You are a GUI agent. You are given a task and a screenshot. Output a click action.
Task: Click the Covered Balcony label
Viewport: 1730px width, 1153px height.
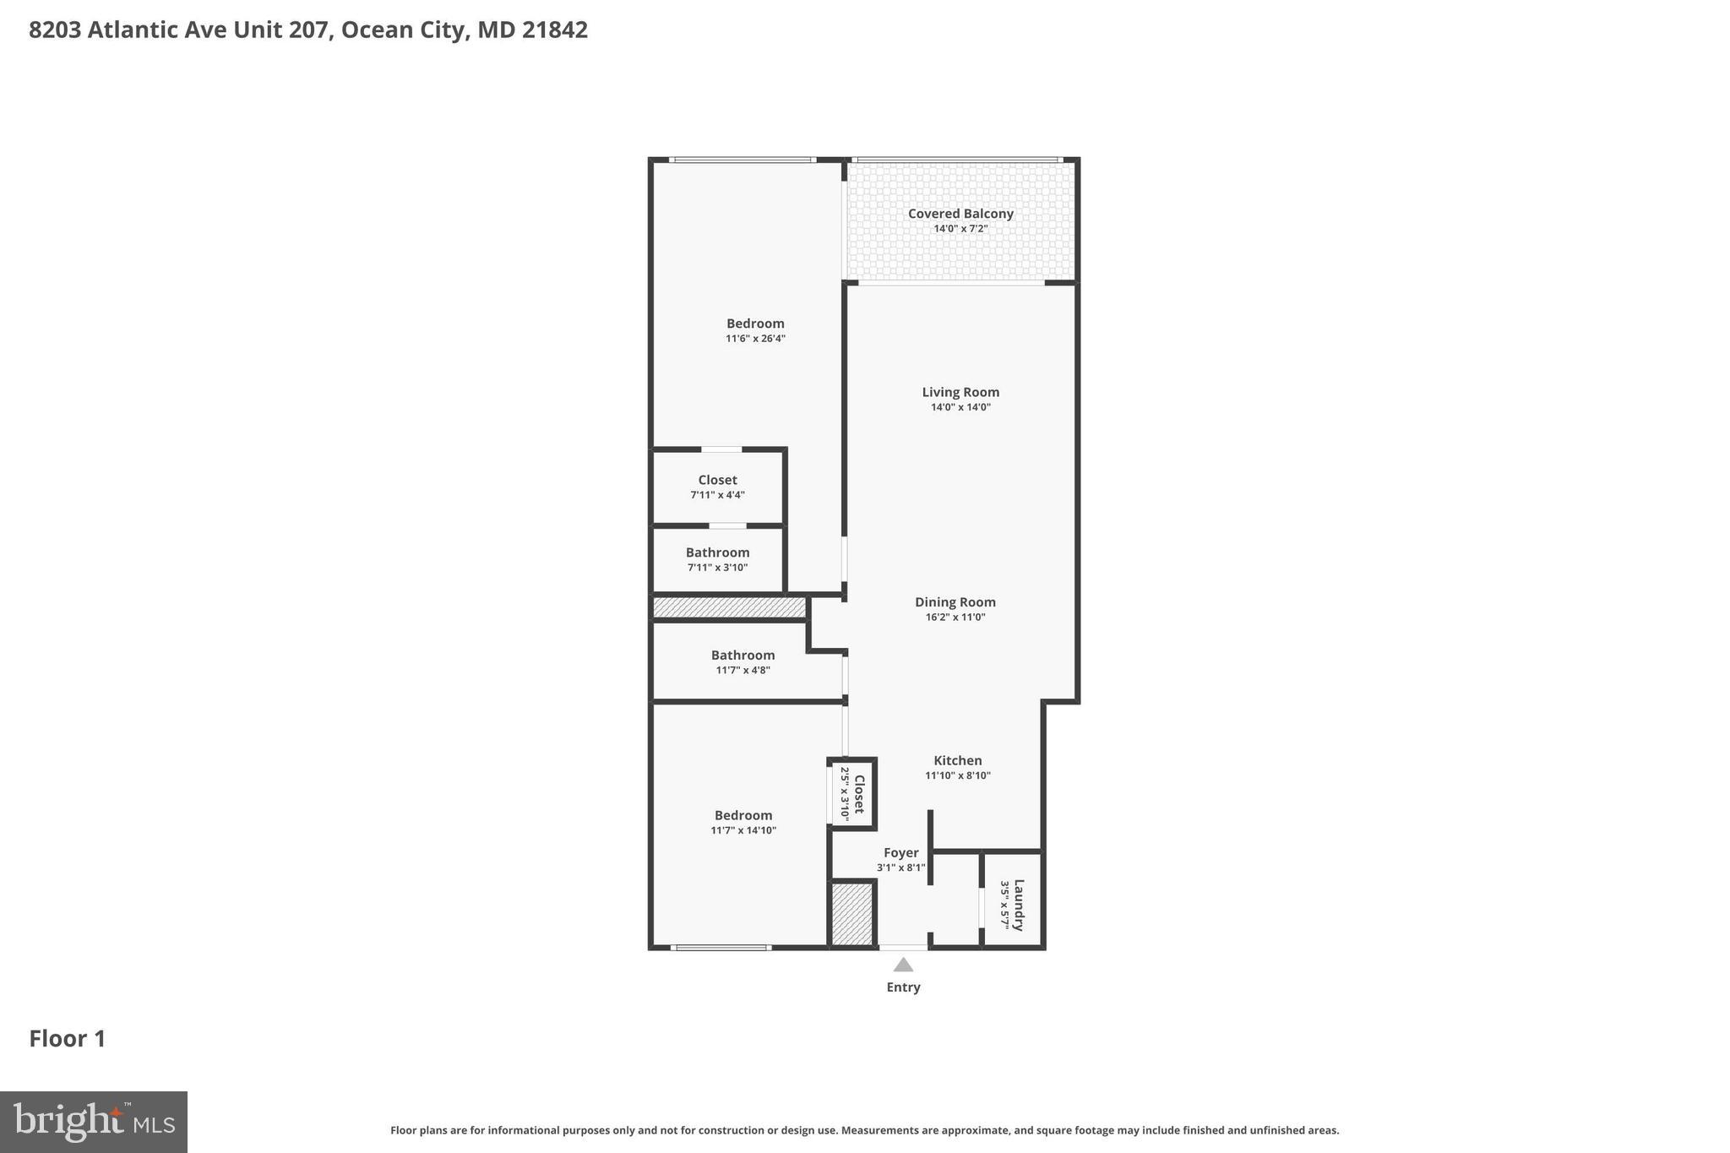click(x=960, y=214)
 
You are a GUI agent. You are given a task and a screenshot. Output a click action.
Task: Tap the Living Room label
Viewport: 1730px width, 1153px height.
click(x=960, y=392)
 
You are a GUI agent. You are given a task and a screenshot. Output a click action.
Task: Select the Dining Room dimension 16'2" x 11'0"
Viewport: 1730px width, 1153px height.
click(x=955, y=617)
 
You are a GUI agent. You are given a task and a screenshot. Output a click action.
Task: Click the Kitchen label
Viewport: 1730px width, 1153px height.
click(x=957, y=760)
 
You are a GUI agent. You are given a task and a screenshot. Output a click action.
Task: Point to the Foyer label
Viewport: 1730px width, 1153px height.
click(x=900, y=853)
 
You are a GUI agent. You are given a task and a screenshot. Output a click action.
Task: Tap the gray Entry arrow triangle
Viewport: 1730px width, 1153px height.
click(x=903, y=965)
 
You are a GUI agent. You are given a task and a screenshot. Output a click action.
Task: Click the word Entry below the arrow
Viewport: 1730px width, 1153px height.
click(x=903, y=987)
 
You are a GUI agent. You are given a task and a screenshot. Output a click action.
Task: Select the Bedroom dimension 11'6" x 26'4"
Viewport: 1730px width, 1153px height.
click(x=755, y=339)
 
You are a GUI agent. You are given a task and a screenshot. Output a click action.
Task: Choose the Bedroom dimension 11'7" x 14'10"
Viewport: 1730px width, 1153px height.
click(x=743, y=830)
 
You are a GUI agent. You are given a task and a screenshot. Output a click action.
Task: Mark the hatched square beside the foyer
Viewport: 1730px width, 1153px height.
click(x=851, y=914)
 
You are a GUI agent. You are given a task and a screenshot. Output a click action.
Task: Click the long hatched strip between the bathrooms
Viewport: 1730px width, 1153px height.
click(x=729, y=607)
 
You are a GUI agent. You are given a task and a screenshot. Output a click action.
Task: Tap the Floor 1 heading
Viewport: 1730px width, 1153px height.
click(x=68, y=1039)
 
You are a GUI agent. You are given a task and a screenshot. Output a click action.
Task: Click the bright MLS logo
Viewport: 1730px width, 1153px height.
click(x=94, y=1122)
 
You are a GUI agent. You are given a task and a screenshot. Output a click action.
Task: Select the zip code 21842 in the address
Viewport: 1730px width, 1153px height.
click(x=554, y=30)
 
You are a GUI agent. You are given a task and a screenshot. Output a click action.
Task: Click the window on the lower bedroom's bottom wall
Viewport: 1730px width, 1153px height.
click(x=721, y=948)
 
